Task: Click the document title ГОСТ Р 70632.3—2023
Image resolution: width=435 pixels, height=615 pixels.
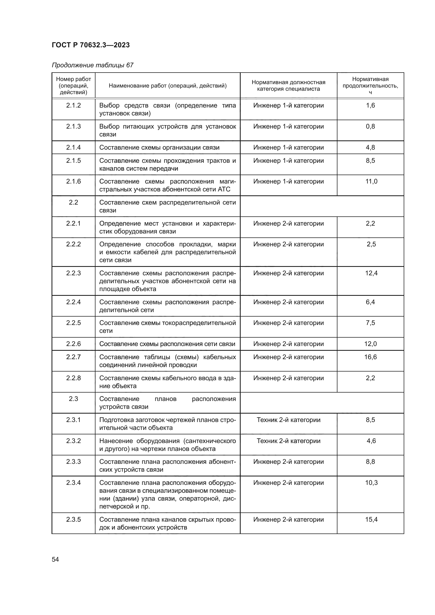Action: pyautogui.click(x=90, y=45)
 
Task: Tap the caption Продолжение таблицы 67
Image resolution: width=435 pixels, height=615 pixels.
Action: pyautogui.click(x=92, y=65)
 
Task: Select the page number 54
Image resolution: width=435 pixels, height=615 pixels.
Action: pyautogui.click(x=55, y=559)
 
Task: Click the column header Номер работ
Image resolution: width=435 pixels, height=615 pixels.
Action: pyautogui.click(x=73, y=79)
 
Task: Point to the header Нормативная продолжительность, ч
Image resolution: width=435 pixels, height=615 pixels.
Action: pyautogui.click(x=370, y=85)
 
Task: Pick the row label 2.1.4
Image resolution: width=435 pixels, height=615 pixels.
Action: pyautogui.click(x=73, y=147)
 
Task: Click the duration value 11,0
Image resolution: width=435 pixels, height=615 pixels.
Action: pyautogui.click(x=371, y=181)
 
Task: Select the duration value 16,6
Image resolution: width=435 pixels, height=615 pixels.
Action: pyautogui.click(x=370, y=357)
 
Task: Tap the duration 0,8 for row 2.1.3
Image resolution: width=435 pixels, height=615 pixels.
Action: pyautogui.click(x=370, y=126)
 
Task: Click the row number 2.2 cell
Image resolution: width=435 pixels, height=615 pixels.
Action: pyautogui.click(x=73, y=202)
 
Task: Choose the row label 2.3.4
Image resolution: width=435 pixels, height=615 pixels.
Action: pyautogui.click(x=73, y=483)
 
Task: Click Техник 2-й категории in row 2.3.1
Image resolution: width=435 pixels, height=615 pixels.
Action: pyautogui.click(x=289, y=420)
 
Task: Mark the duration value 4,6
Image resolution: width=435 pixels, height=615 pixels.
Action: pyautogui.click(x=371, y=441)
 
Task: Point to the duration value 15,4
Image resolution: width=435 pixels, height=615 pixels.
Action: pyautogui.click(x=371, y=519)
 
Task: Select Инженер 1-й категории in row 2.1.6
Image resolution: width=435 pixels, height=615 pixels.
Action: pyautogui.click(x=289, y=181)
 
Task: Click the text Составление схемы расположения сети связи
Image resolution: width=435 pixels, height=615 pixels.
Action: pyautogui.click(x=167, y=344)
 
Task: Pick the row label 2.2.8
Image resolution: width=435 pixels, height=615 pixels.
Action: pyautogui.click(x=73, y=378)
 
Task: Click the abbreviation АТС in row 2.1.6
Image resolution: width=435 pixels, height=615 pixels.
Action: pyautogui.click(x=224, y=189)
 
